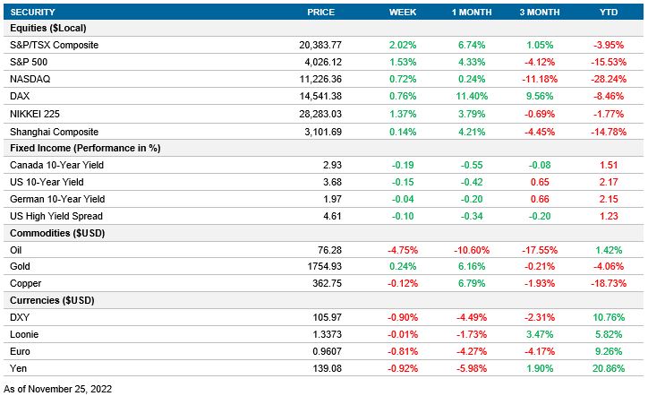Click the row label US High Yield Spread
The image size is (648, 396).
click(x=55, y=216)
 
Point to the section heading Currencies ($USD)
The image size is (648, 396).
click(x=52, y=300)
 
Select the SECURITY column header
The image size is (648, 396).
click(x=33, y=12)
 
